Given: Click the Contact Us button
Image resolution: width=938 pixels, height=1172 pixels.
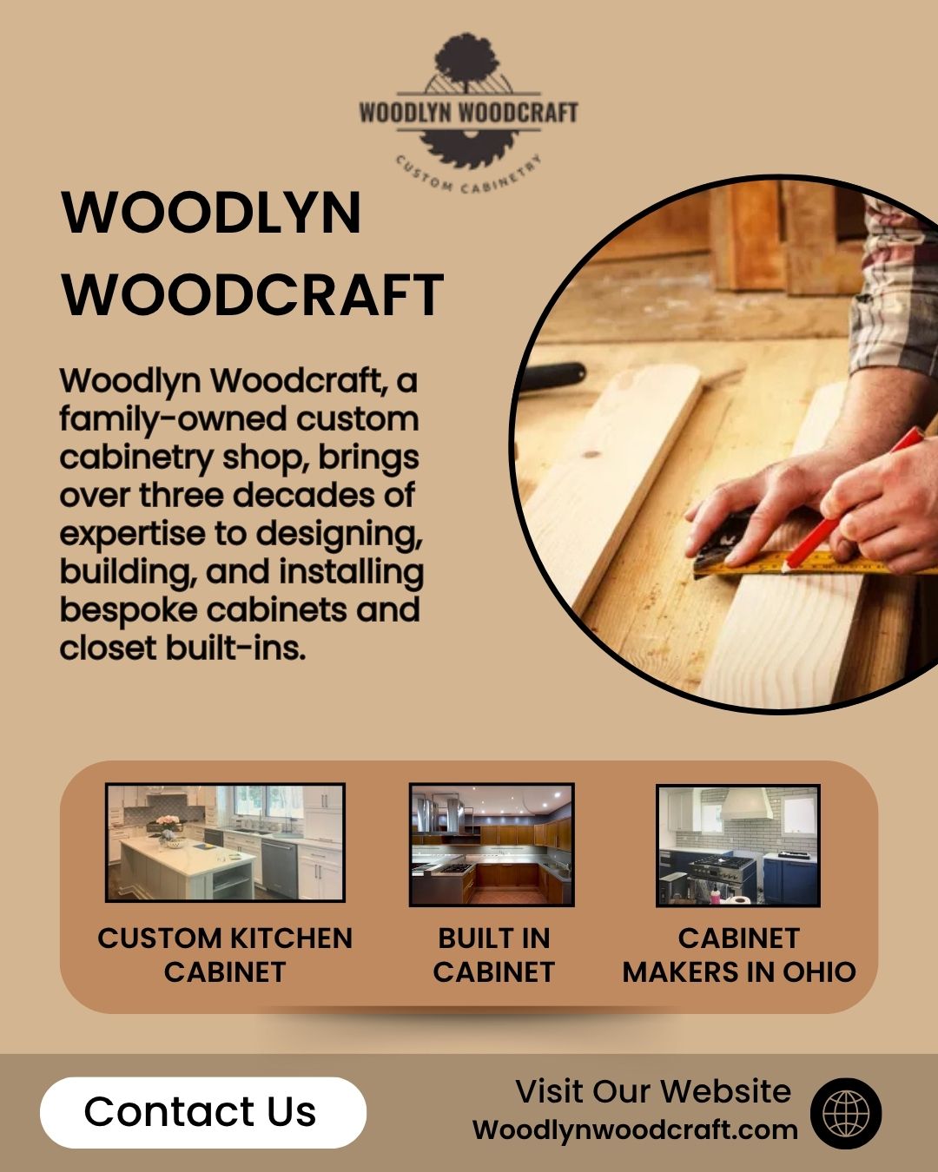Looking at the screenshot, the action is [x=202, y=1112].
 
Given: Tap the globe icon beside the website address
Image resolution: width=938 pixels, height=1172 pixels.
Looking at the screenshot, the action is [x=845, y=1113].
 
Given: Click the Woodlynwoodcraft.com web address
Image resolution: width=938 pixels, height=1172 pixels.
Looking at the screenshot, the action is [x=635, y=1129].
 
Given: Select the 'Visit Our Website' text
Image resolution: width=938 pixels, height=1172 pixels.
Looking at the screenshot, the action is [x=653, y=1091].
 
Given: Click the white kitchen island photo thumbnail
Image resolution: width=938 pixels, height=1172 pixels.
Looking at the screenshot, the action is [x=225, y=842].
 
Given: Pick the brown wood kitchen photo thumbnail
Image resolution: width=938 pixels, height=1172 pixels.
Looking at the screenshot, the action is [x=492, y=845].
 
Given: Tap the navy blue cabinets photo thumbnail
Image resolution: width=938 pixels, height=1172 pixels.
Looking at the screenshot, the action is [x=738, y=846].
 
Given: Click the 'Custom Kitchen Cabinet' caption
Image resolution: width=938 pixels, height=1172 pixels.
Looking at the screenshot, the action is [x=225, y=955].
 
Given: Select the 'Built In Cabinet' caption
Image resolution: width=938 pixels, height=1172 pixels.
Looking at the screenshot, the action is [x=494, y=955].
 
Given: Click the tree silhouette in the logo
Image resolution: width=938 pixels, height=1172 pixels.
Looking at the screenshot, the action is [x=466, y=61].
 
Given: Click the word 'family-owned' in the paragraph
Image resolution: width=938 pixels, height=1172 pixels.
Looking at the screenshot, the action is [x=173, y=420].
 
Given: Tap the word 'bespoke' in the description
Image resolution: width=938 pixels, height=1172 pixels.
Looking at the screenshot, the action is [x=129, y=610].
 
